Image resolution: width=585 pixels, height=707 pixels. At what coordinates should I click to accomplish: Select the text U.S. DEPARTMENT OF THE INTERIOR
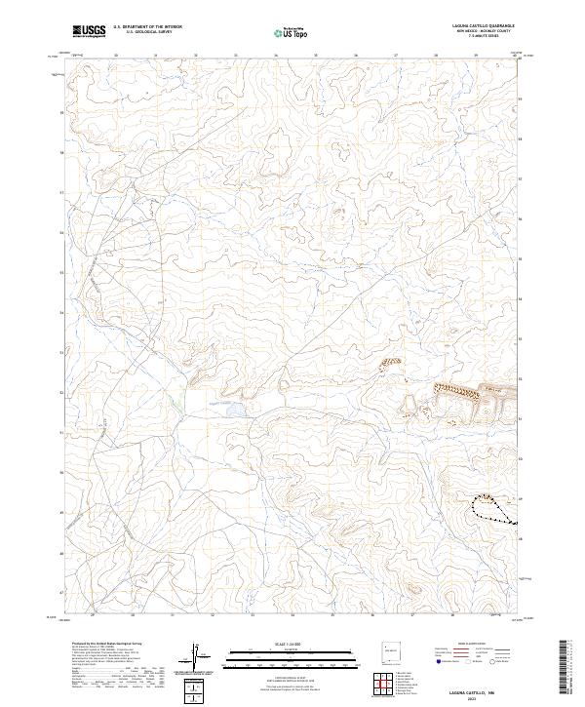[x=147, y=27]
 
